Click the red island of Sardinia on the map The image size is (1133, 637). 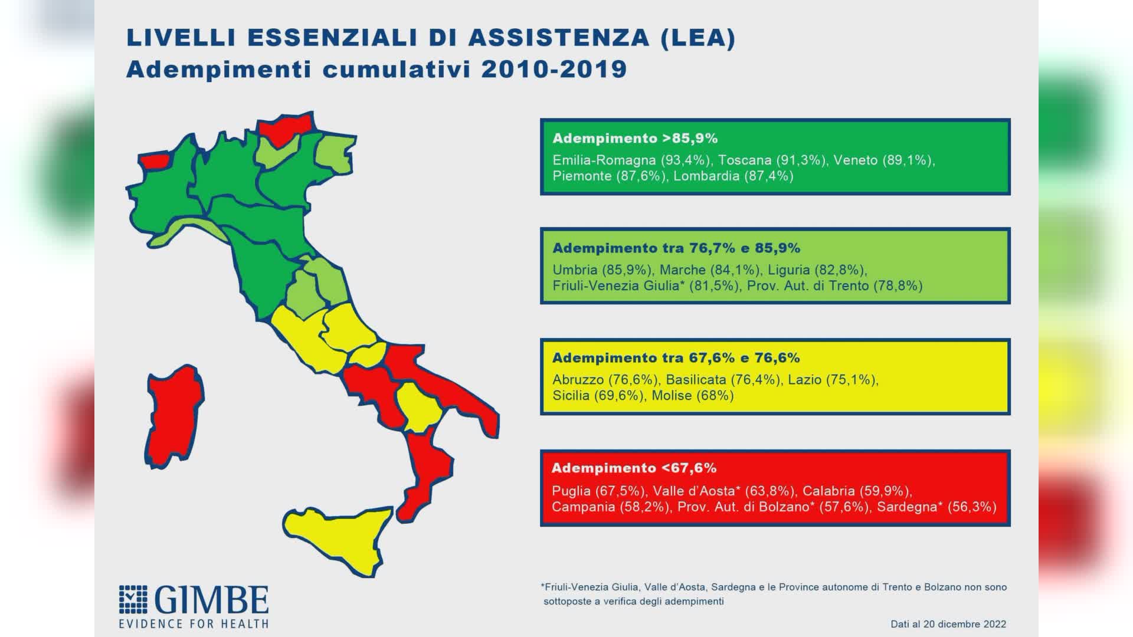(175, 416)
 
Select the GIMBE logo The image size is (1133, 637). (194, 606)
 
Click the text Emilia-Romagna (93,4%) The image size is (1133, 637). (632, 160)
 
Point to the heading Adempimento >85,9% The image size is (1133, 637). (635, 138)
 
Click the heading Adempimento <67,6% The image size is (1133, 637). (634, 468)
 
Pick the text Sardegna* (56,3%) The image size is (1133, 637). (936, 507)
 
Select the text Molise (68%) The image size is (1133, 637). (692, 395)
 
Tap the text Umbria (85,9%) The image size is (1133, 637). (602, 270)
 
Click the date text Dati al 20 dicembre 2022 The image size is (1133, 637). (948, 624)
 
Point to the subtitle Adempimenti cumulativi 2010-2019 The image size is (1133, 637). (376, 69)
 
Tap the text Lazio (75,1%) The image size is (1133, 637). (833, 379)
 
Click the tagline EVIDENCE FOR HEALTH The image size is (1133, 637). (194, 623)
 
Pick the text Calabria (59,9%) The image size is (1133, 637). (857, 491)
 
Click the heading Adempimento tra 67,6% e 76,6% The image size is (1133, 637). (676, 357)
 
